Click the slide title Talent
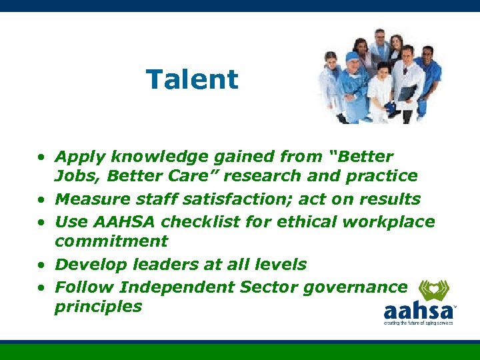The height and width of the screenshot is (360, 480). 192,79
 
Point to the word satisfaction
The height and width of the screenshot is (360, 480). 227,199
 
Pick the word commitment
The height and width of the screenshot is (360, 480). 111,241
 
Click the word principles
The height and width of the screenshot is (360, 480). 98,307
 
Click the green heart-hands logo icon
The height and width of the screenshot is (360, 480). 433,289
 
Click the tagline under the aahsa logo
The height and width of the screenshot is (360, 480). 418,323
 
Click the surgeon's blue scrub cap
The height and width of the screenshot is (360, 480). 352,58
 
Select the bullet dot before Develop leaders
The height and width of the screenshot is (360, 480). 41,265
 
